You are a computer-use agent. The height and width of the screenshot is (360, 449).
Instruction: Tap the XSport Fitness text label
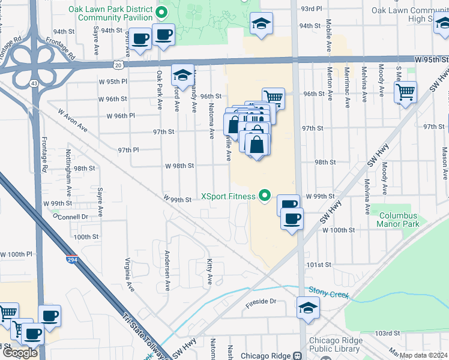[x=228, y=196]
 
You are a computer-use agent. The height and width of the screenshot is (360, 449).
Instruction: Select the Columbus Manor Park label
[x=396, y=219]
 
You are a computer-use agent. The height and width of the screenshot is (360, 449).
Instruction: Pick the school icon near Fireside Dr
[x=308, y=308]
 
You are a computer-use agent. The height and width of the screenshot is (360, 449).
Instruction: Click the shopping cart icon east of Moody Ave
[x=406, y=92]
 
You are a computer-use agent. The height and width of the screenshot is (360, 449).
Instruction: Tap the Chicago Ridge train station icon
[x=297, y=355]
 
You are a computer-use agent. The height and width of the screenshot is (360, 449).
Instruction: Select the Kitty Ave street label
[x=209, y=272]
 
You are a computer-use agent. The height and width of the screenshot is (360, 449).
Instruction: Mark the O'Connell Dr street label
[x=70, y=216]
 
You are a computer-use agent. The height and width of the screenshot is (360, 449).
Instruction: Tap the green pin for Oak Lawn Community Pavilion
[x=161, y=11]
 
